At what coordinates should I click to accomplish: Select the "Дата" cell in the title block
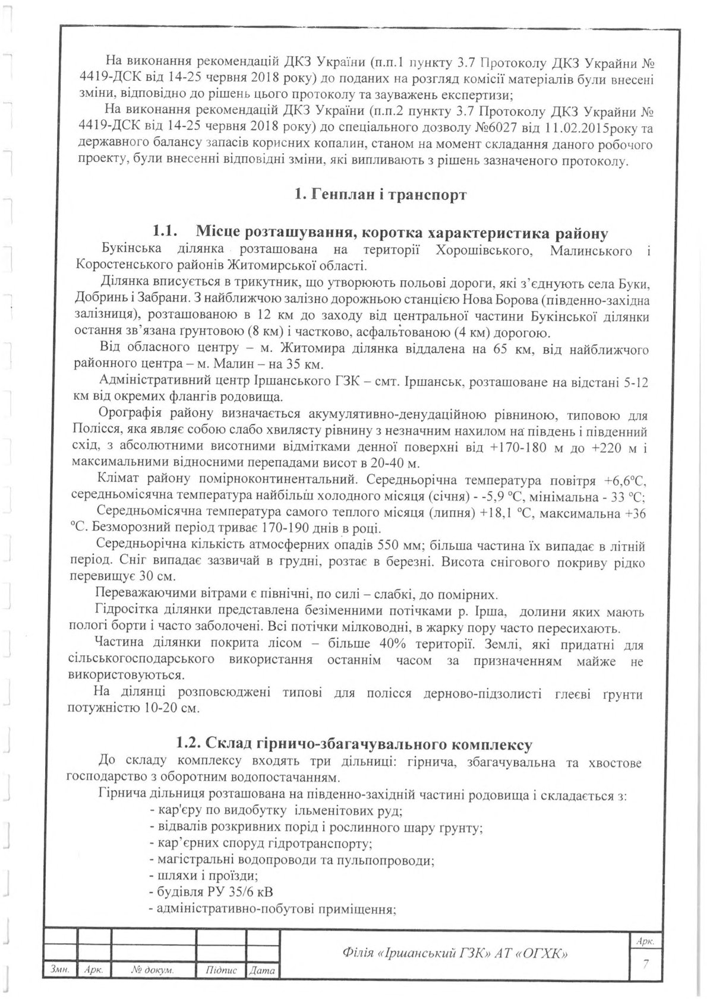[263, 971]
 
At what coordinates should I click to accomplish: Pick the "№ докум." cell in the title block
[152, 970]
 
